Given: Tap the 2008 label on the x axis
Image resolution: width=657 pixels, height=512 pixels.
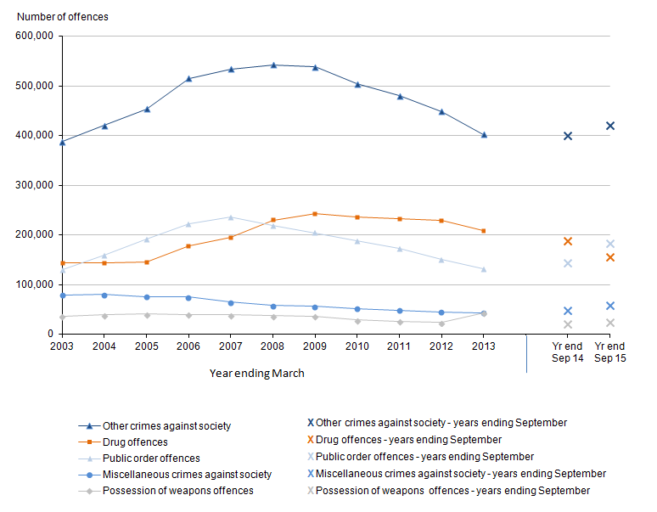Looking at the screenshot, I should (x=273, y=346).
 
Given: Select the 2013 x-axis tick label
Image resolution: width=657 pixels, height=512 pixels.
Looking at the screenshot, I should (x=484, y=346).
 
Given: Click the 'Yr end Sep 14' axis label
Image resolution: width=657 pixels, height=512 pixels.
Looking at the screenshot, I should (x=567, y=352).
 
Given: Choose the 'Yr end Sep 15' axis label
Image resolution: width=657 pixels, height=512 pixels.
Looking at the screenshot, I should (x=609, y=352).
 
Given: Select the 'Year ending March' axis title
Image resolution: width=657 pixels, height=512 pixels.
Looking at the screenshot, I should (x=256, y=373).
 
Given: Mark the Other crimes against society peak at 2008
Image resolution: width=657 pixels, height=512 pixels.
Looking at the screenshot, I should (x=273, y=65).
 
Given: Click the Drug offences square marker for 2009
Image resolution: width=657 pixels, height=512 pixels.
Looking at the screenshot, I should (x=315, y=214).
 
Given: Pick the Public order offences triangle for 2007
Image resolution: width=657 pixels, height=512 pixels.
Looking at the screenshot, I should (x=231, y=217).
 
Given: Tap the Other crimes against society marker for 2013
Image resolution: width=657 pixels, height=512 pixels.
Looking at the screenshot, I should (x=484, y=135).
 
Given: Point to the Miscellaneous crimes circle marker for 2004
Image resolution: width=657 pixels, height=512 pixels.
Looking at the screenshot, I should (x=104, y=295).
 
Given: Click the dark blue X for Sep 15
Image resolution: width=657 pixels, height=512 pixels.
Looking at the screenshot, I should (x=609, y=126).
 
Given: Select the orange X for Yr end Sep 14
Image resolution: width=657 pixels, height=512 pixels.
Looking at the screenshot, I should (x=567, y=241).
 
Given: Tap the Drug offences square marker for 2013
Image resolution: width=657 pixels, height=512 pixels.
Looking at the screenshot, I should (x=484, y=231).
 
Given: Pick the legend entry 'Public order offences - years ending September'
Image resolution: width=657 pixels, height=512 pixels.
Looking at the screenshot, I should (x=424, y=457).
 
